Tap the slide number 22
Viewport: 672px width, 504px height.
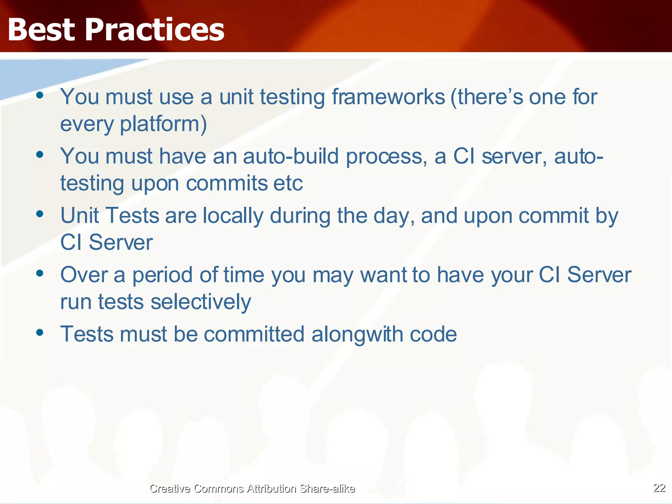point(659,488)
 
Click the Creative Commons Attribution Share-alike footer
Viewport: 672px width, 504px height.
point(252,489)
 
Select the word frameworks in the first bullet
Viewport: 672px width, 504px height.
point(388,97)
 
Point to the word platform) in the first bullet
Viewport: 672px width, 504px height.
point(163,124)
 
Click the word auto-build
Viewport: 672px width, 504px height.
point(291,157)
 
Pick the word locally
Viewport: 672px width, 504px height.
point(233,216)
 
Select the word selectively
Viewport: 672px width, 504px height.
point(201,302)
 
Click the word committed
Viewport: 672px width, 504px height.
point(254,334)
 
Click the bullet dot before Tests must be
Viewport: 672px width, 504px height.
point(40,333)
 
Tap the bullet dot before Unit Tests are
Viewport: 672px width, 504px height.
point(40,214)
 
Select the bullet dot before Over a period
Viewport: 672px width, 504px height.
point(40,273)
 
